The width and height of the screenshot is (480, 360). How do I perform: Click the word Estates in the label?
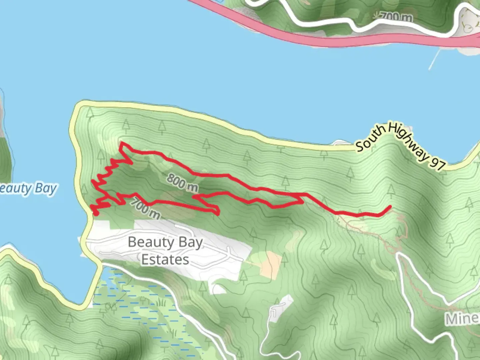[165, 260]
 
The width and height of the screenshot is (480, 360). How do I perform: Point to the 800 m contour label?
[182, 183]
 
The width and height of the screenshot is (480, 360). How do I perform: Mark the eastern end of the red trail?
[389, 207]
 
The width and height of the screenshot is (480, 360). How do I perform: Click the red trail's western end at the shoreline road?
[95, 213]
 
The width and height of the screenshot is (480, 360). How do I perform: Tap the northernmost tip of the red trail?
[122, 143]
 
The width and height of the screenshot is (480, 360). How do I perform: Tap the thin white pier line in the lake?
[434, 59]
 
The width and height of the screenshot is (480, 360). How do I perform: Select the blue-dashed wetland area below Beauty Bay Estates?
[140, 307]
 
